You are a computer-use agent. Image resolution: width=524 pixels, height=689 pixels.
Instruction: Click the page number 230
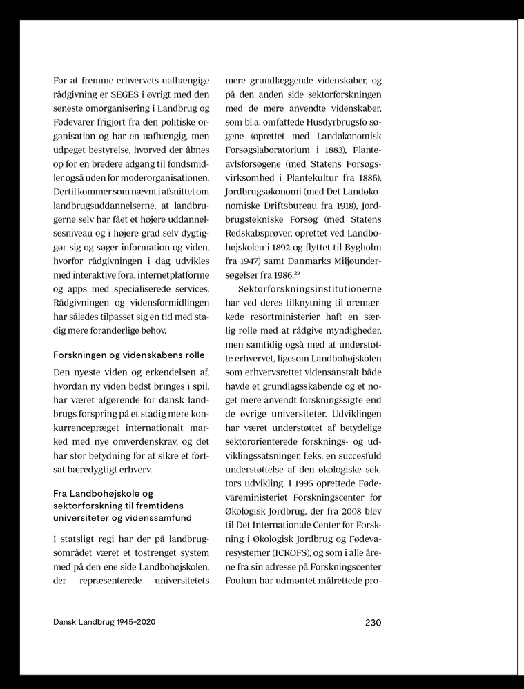373,622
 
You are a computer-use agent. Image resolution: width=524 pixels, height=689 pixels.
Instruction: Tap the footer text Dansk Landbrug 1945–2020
104,622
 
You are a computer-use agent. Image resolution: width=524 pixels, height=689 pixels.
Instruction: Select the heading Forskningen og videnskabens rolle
129,355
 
